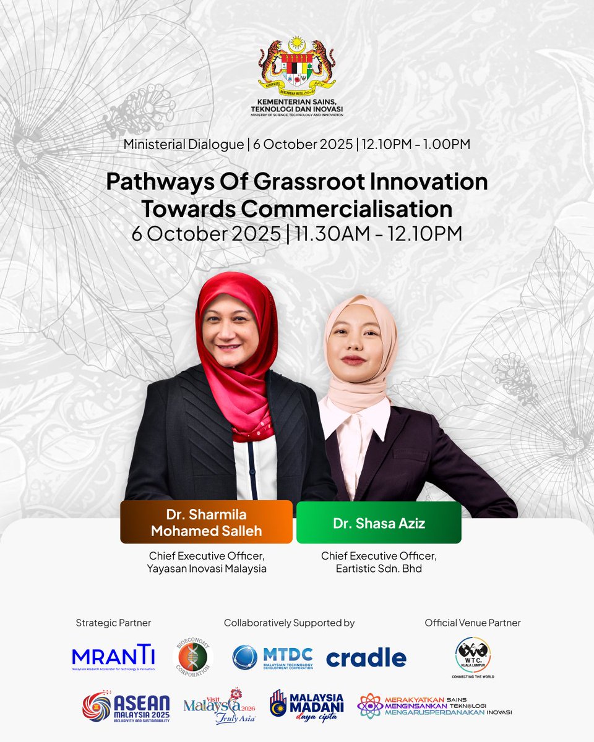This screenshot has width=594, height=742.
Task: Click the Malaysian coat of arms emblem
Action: click(x=296, y=64)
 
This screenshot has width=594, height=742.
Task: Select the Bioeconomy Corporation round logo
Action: click(x=192, y=657)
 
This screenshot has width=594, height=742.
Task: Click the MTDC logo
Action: click(x=272, y=657)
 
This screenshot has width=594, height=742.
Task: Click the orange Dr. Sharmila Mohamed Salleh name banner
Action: click(x=206, y=522)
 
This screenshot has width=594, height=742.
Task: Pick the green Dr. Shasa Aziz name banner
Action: click(x=379, y=522)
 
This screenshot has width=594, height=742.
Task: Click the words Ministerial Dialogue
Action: click(x=183, y=144)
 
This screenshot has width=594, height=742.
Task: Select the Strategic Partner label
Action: click(x=113, y=623)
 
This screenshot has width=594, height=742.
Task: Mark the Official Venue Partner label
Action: click(x=472, y=623)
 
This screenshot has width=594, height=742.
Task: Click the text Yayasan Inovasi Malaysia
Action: click(x=206, y=568)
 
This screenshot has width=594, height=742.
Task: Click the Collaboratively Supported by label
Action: click(x=289, y=623)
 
